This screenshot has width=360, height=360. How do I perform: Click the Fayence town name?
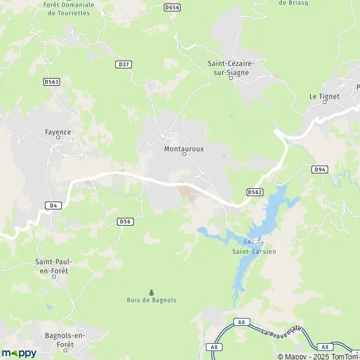[58, 132]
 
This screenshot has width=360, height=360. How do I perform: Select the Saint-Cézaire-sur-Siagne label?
[231, 67]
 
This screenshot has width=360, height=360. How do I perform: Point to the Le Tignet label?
[324, 96]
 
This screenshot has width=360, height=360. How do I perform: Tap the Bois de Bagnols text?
[151, 300]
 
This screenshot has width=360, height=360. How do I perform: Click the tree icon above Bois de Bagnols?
[151, 292]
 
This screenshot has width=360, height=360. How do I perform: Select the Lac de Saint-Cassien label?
[254, 246]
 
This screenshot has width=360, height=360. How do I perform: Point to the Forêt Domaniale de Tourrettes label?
[68, 8]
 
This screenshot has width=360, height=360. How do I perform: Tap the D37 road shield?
[124, 63]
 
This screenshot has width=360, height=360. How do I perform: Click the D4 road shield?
[53, 205]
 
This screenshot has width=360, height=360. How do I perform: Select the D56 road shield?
[125, 221]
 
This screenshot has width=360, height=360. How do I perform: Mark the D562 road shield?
[254, 192]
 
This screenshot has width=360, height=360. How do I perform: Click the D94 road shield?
[320, 170]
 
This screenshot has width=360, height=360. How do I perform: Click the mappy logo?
[19, 353]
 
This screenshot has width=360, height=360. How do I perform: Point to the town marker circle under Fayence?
[58, 138]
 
